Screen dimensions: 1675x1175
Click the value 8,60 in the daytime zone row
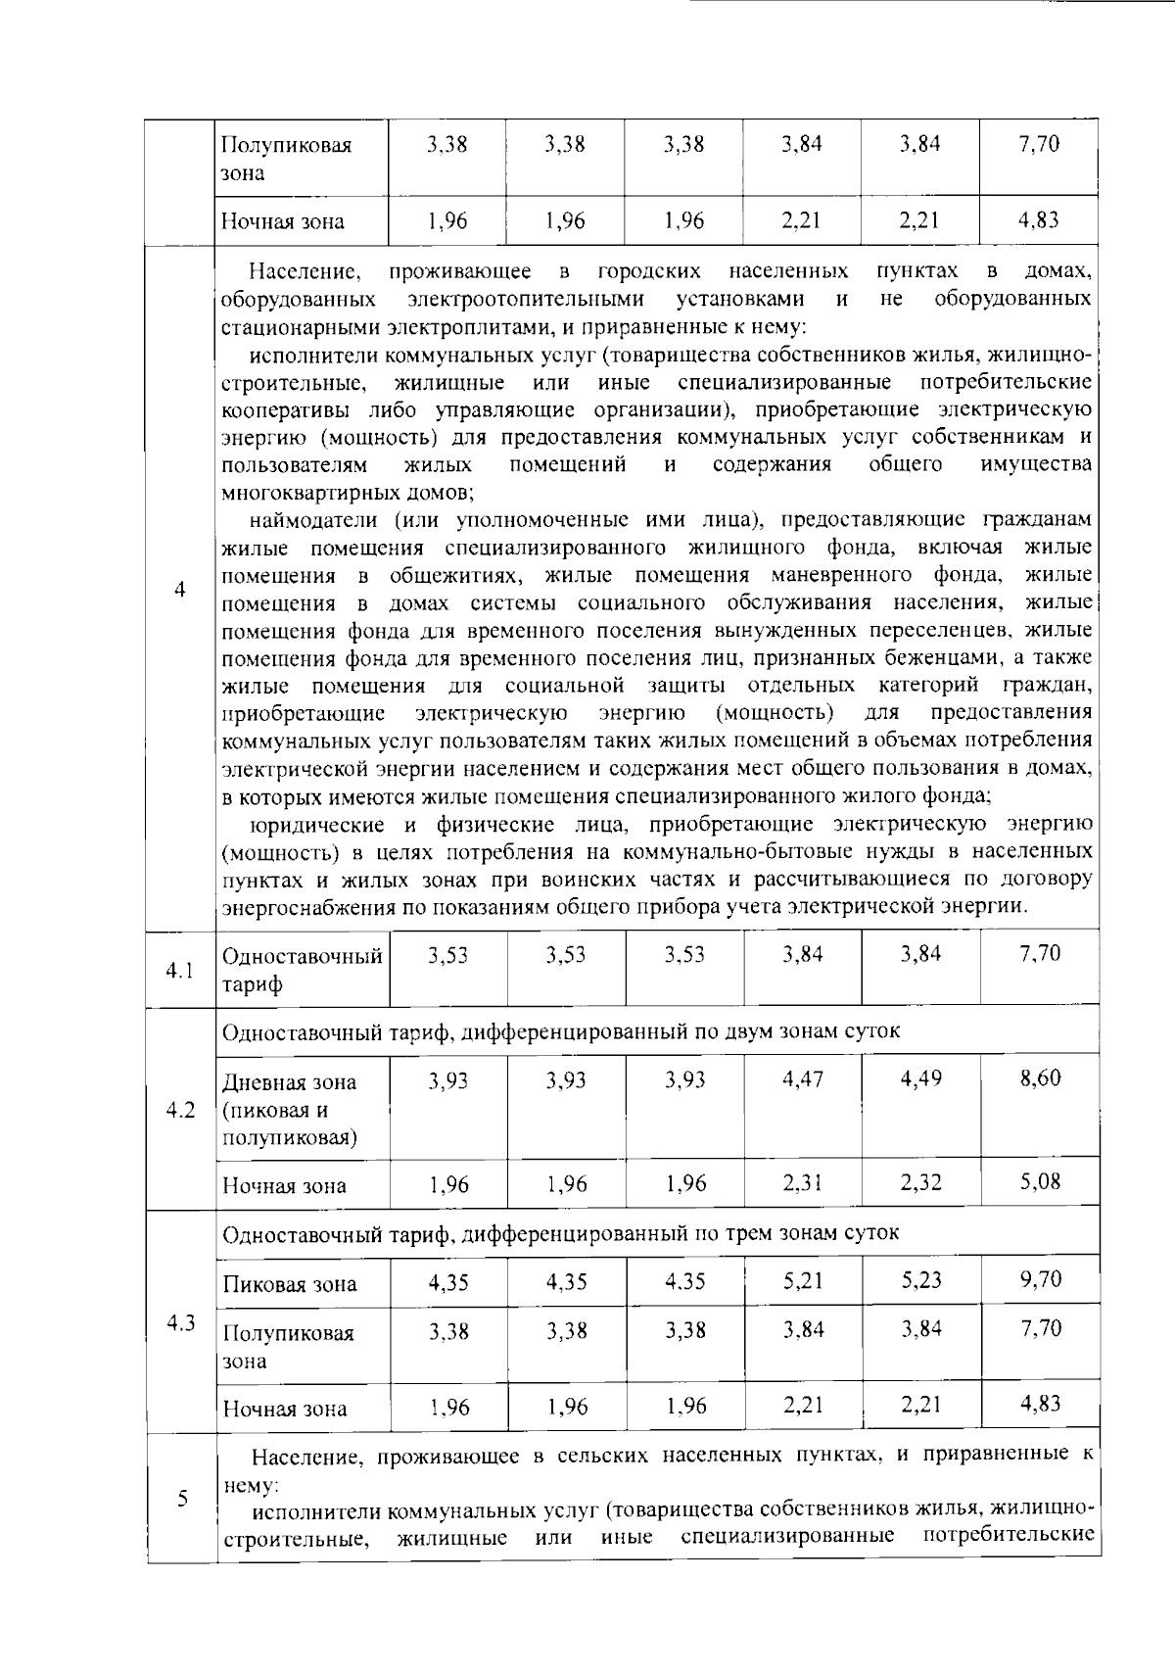(x=1040, y=1078)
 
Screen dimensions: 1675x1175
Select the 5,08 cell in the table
(x=1040, y=1181)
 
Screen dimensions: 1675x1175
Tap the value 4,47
(x=803, y=1078)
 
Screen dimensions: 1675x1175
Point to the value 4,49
(x=920, y=1078)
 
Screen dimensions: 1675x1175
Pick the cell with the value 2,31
(x=803, y=1183)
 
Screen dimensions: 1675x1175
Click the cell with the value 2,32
(x=920, y=1183)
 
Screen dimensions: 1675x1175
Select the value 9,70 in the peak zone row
(x=1040, y=1279)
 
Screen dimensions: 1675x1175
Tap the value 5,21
(x=803, y=1280)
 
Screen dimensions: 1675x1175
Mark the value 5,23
(x=920, y=1280)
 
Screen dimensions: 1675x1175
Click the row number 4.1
(x=180, y=971)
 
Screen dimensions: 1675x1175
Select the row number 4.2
(x=180, y=1111)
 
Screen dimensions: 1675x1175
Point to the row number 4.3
(x=180, y=1323)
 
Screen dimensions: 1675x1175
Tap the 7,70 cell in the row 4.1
(x=1040, y=954)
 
